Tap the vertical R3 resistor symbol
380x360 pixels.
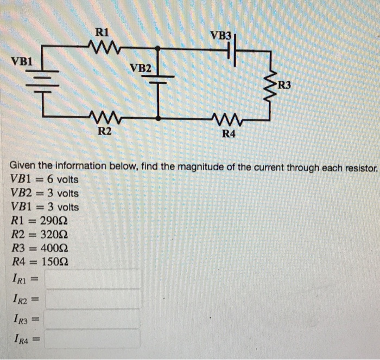269,83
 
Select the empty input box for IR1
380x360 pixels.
93,279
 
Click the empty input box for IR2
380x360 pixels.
93,299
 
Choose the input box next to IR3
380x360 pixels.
93,319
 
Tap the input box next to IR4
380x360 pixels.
93,339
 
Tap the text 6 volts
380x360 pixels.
61,179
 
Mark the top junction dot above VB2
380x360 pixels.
157,48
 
